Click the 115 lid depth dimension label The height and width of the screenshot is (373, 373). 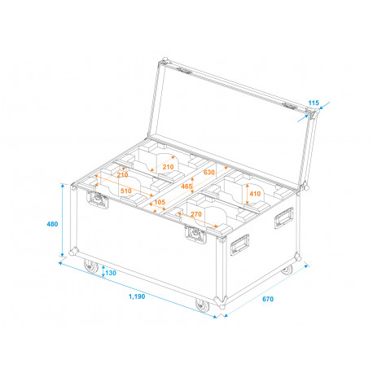(x=314, y=103)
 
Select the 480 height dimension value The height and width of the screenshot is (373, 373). (x=52, y=224)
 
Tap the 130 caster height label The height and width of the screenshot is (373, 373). (x=111, y=273)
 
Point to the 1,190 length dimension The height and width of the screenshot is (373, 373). (x=137, y=296)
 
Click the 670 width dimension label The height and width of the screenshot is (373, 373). (x=268, y=299)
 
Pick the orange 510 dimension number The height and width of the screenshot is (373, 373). (x=126, y=191)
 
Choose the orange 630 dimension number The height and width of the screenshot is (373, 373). (x=209, y=173)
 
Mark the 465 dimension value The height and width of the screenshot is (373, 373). (x=186, y=186)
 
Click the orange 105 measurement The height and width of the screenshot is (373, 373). (x=160, y=202)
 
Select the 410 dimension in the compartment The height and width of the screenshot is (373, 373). (x=255, y=194)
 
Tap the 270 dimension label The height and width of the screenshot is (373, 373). (x=196, y=214)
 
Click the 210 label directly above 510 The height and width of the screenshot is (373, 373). (x=122, y=175)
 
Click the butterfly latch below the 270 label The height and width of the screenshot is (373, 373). (x=195, y=234)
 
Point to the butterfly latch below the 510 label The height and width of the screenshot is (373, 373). (x=97, y=200)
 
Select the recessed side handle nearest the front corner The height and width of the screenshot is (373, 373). (x=239, y=245)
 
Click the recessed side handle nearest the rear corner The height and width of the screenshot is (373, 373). (x=284, y=218)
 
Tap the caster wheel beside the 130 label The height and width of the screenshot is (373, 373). (x=91, y=266)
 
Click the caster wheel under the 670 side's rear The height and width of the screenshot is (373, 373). (x=287, y=270)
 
